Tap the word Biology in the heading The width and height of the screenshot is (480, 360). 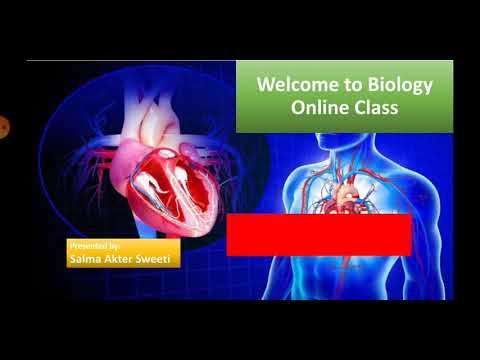tap(397, 86)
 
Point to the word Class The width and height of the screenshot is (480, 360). tap(375, 108)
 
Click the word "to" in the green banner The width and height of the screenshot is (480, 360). tap(348, 86)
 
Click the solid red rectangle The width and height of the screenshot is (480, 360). tap(319, 234)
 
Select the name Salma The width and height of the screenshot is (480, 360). tap(87, 258)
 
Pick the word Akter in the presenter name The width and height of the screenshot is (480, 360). tap(124, 258)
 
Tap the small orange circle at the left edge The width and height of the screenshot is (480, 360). tap(3, 127)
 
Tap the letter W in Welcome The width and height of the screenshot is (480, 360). tap(265, 86)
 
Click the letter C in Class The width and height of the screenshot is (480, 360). tap(356, 108)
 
